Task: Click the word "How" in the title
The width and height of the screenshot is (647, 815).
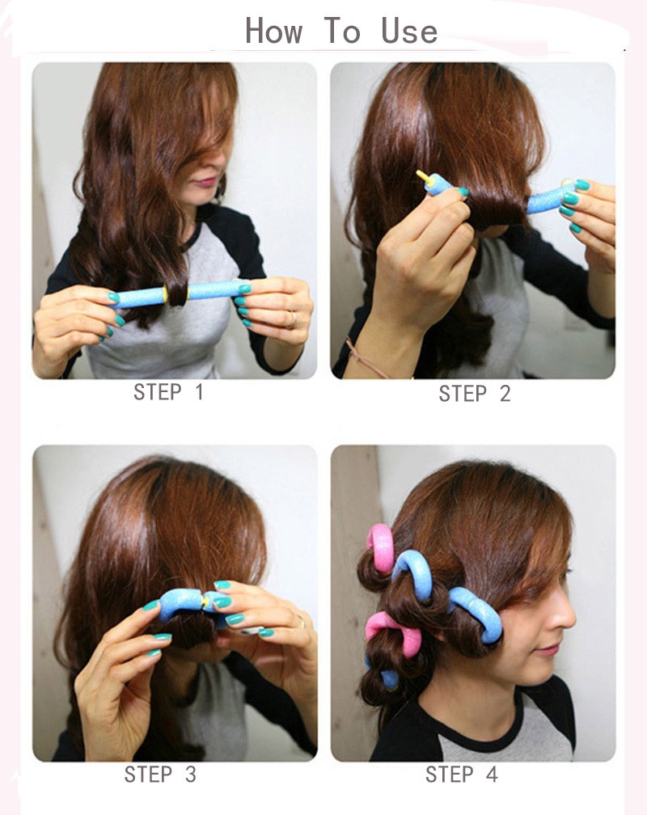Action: [x=273, y=32]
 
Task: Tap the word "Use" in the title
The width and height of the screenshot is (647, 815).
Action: [x=409, y=32]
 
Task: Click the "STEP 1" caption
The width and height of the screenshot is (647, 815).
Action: [x=168, y=392]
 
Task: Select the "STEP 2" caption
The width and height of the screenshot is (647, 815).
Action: [x=474, y=394]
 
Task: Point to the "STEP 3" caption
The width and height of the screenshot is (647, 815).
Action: [x=160, y=775]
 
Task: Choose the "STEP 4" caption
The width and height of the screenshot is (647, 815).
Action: [x=462, y=775]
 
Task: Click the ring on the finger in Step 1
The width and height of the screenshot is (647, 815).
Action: [x=294, y=320]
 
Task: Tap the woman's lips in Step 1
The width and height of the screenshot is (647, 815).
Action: [x=206, y=182]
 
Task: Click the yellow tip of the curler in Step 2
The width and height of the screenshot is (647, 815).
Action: [x=422, y=176]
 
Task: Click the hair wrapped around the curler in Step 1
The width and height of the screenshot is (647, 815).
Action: [x=177, y=294]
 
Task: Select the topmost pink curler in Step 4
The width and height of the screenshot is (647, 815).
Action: [x=383, y=547]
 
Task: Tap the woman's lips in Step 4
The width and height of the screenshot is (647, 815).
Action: [x=549, y=649]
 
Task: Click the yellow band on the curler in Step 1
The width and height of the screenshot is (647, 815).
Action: [x=166, y=294]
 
